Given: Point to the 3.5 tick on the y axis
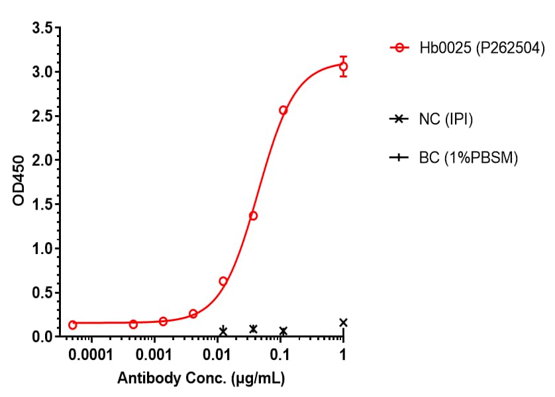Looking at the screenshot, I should point(44,28).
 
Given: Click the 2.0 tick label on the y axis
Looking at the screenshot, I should point(44,160).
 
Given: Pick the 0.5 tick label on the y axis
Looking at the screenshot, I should point(44,293).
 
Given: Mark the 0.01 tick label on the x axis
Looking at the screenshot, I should point(217,356).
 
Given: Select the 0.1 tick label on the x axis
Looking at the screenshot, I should point(280,356).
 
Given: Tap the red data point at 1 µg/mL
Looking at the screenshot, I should point(343,66).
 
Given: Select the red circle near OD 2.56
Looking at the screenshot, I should point(283,110).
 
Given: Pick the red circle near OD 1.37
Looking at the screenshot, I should point(253,216).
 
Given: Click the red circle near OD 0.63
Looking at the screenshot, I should point(223,281).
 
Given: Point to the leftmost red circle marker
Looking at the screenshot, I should point(72,324).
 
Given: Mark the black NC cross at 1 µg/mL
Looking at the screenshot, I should point(343,323).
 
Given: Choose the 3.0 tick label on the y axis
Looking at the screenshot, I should point(44,72).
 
